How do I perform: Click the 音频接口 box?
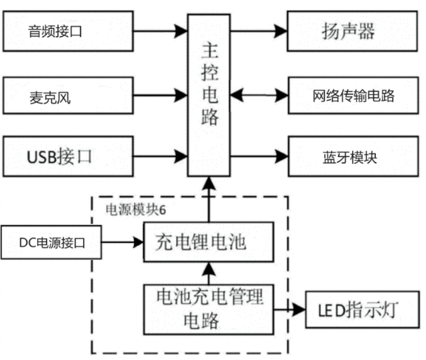(68, 31)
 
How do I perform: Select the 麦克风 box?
(68, 95)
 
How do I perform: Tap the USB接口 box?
(68, 156)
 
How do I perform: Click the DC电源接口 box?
(50, 241)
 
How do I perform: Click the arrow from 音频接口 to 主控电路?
(160, 30)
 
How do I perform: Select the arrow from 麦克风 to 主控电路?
(160, 95)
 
